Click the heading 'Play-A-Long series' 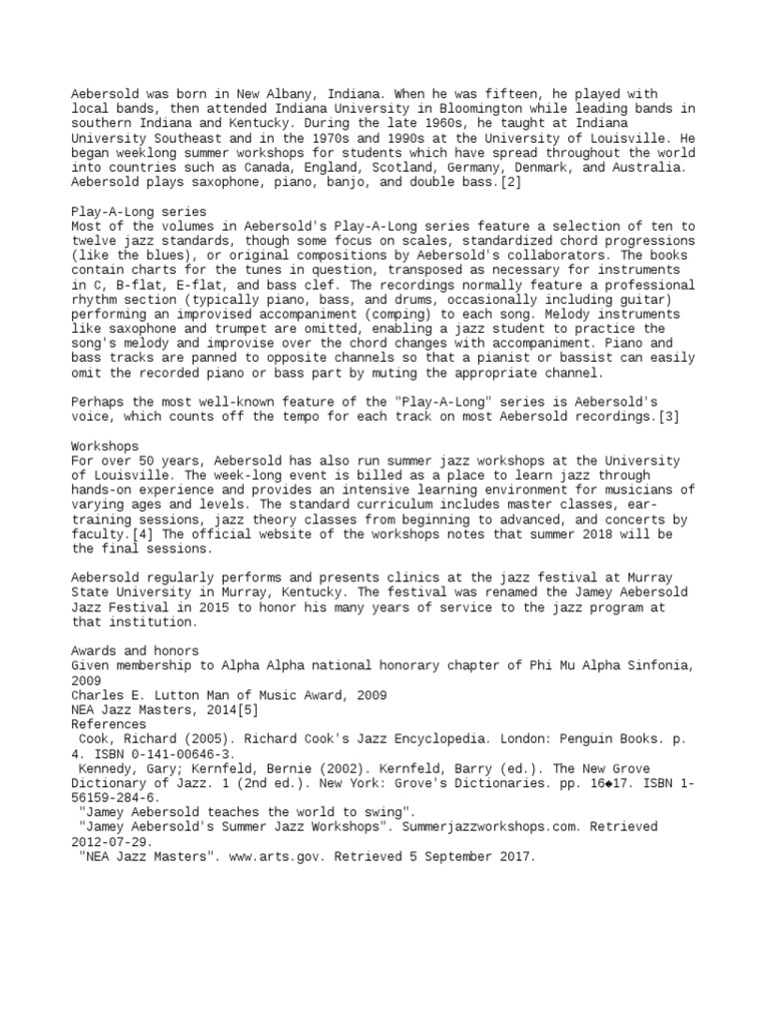pyautogui.click(x=139, y=212)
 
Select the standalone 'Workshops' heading pyautogui.click(x=106, y=446)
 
